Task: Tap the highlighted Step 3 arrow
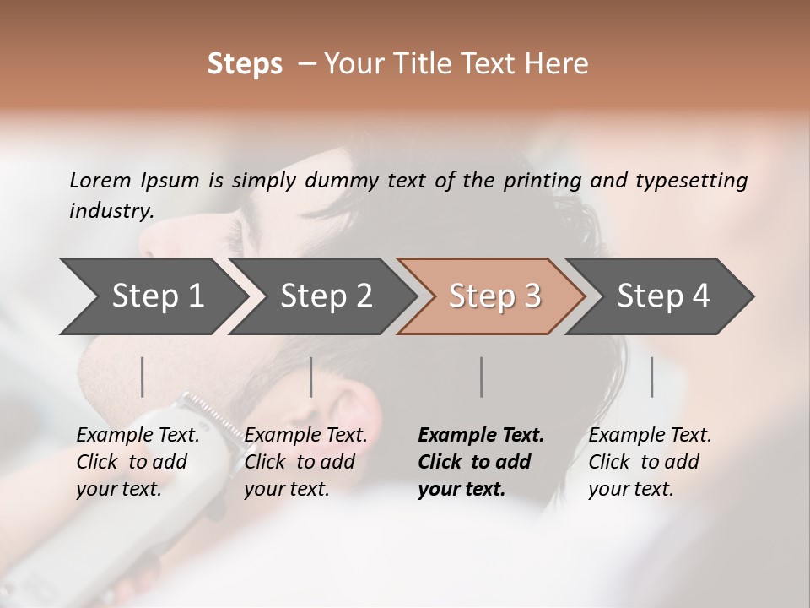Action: click(494, 296)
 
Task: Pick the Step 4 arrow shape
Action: click(662, 296)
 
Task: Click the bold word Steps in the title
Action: click(245, 64)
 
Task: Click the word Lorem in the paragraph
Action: click(100, 180)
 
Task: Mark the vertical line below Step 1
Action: click(143, 377)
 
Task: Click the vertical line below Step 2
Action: click(311, 377)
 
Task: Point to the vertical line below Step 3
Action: click(481, 377)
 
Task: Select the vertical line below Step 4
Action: click(651, 377)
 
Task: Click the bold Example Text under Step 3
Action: click(481, 436)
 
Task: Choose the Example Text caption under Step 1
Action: click(138, 436)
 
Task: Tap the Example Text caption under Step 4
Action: click(650, 436)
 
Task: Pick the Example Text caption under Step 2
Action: click(305, 436)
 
